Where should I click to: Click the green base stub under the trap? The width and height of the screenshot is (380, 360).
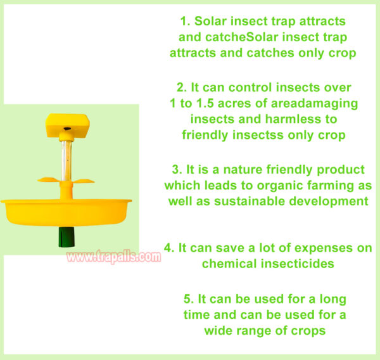click(x=66, y=237)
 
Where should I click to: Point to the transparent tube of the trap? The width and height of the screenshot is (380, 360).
click(x=66, y=160)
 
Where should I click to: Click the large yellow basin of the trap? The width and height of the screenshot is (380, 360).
click(x=66, y=212)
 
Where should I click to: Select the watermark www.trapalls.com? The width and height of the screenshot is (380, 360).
click(x=113, y=257)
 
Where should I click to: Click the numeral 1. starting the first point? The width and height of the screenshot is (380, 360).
click(x=185, y=21)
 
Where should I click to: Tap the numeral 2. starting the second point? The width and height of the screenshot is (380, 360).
click(x=182, y=87)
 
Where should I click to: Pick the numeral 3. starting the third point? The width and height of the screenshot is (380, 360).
click(x=177, y=169)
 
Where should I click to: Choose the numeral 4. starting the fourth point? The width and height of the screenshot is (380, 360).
click(x=169, y=248)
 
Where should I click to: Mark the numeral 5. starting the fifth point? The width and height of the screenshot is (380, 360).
click(x=189, y=299)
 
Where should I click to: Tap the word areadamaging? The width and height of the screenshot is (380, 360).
click(x=314, y=104)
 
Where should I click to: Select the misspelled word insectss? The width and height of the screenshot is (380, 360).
click(x=258, y=135)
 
